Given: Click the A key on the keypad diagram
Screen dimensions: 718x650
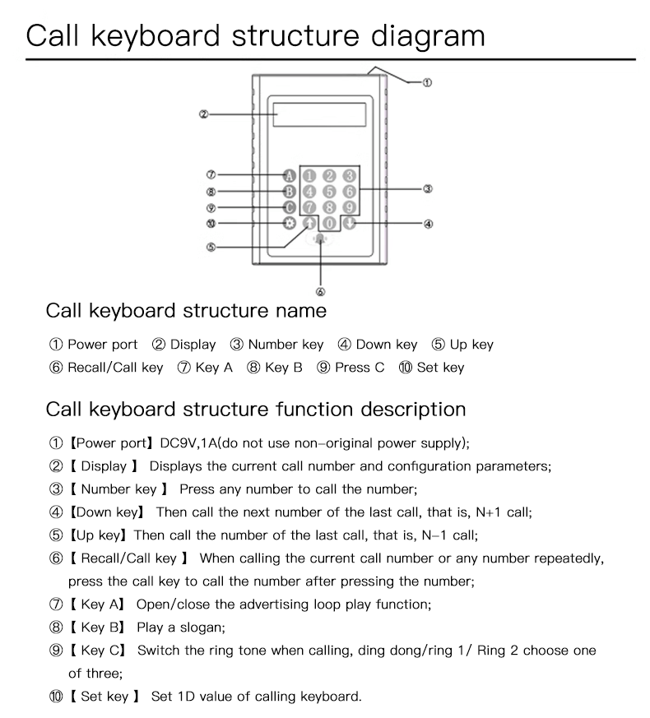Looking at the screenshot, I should [289, 175].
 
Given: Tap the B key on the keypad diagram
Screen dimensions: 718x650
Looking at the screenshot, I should [289, 192].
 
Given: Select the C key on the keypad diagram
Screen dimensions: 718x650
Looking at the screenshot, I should [289, 207].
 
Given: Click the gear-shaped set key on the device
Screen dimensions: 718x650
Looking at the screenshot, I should [289, 223].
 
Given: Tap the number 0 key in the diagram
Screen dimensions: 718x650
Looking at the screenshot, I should [329, 223].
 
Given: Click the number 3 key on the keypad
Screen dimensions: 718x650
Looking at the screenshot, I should [349, 175].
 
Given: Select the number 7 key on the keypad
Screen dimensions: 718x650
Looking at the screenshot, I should [309, 207].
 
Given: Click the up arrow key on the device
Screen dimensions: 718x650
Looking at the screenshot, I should [309, 223].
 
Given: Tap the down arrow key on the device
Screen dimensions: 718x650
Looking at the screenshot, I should [349, 223].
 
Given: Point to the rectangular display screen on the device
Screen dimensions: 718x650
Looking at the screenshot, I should [320, 113].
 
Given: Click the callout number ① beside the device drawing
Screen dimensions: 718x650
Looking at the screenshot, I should [428, 82].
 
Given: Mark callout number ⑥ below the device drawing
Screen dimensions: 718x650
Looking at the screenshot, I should [320, 291].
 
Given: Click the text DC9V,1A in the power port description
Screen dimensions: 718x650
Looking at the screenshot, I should [188, 442].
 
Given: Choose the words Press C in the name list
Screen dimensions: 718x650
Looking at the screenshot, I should [360, 368].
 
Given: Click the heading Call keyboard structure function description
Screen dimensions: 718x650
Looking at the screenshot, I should [256, 409].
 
